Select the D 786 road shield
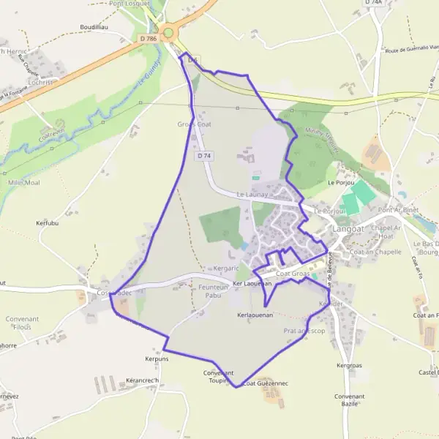148,38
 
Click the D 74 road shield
204,156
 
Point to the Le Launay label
252,195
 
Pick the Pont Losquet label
129,3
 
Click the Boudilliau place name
94,26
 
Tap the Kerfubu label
47,222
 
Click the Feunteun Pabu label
214,291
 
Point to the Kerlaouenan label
255,315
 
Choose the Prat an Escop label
304,331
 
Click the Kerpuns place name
157,359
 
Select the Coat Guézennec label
266,383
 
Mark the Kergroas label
349,364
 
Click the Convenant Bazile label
348,399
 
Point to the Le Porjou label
341,182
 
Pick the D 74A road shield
373,3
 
